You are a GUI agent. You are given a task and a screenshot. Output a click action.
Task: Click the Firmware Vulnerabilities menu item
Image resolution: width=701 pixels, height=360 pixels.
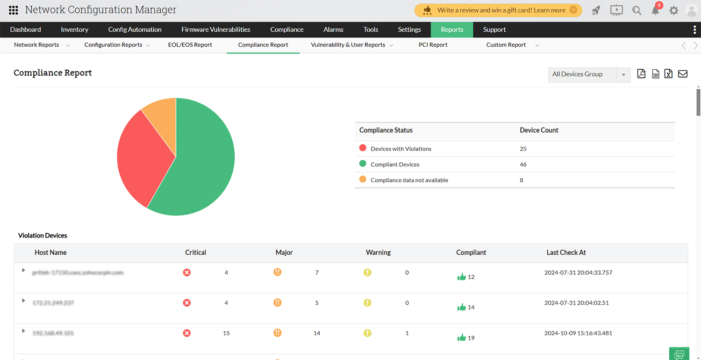216,29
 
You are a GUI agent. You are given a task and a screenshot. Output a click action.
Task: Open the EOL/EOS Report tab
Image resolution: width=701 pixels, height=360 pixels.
190,45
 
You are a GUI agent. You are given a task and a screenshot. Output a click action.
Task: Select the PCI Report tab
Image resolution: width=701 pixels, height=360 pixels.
433,45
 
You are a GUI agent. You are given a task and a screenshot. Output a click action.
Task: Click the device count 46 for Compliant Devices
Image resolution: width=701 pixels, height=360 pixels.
523,165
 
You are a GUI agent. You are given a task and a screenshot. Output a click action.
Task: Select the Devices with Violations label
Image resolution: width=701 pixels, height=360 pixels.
401,149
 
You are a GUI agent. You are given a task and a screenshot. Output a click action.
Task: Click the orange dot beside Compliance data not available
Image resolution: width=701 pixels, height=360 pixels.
363,180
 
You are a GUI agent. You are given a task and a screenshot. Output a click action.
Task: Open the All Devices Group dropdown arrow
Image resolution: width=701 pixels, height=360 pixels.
623,74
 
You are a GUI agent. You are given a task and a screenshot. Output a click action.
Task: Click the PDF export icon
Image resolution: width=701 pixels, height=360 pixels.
641,74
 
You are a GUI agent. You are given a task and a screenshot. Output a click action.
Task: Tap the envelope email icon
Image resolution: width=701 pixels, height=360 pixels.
682,74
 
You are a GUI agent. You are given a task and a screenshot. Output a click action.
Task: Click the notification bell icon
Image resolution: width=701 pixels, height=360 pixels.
655,10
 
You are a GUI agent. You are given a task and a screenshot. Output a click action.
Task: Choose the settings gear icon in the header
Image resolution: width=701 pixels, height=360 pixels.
673,10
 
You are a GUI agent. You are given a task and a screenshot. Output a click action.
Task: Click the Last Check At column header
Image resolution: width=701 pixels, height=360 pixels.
566,252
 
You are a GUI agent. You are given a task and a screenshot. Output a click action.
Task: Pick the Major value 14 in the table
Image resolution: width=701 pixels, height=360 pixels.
317,333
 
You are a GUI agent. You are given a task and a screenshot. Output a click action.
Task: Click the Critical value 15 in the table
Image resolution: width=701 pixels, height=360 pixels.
226,333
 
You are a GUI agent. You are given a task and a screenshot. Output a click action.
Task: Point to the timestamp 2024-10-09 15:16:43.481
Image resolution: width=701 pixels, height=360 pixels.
578,333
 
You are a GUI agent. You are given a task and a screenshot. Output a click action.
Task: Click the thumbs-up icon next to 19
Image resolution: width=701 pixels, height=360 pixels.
462,338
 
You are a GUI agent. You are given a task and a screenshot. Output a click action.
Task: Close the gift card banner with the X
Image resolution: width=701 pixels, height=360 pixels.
573,10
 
